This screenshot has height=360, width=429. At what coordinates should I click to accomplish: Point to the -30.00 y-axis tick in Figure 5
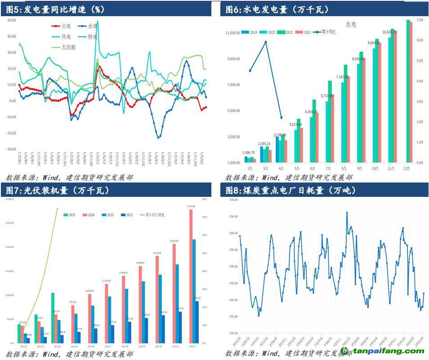(11, 149)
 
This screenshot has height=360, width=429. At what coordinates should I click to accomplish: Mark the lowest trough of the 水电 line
(159, 138)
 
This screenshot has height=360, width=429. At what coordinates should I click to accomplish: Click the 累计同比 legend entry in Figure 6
(327, 32)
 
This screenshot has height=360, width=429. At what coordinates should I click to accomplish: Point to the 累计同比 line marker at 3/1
(266, 42)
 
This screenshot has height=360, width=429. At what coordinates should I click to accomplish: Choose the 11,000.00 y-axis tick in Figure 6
(232, 33)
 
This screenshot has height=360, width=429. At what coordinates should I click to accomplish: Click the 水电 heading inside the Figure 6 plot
(351, 24)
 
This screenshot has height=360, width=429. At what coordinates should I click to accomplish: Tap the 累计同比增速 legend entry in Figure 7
(154, 215)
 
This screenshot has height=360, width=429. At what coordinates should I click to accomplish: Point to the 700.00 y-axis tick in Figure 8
(232, 200)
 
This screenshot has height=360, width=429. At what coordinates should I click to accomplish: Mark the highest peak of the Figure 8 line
(347, 213)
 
